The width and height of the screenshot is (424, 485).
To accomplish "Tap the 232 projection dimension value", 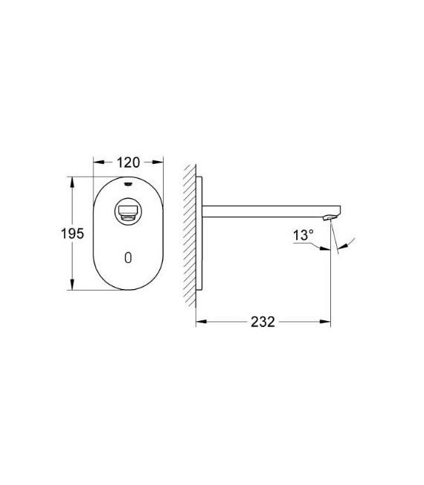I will click(x=264, y=322).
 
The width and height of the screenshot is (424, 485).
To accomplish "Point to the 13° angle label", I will click(x=303, y=234).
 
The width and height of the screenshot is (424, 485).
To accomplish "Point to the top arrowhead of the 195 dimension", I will click(x=72, y=180).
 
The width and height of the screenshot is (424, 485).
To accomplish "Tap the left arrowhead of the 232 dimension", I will click(x=199, y=323).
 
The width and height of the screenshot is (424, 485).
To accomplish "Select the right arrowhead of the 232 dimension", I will click(x=327, y=323).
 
